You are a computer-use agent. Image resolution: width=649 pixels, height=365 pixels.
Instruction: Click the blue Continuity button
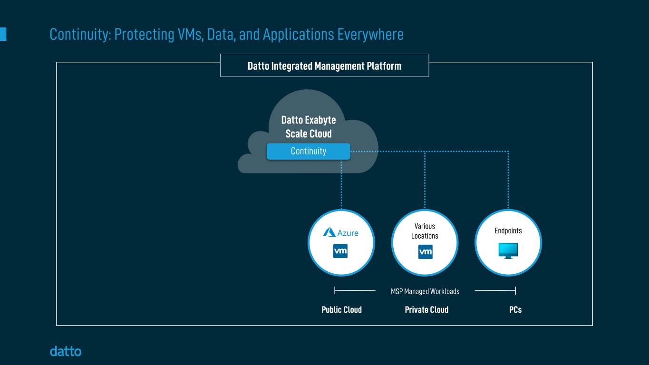308,151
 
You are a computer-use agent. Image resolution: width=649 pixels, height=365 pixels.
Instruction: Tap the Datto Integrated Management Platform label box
324,66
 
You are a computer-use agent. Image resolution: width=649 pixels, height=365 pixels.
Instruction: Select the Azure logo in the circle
341,232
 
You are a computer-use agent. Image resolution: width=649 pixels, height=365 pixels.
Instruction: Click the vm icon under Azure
340,251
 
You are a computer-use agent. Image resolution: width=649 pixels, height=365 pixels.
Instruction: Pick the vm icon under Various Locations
425,252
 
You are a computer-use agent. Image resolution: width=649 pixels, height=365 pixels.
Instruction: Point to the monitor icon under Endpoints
508,250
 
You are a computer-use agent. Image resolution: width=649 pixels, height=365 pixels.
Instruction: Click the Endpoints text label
508,231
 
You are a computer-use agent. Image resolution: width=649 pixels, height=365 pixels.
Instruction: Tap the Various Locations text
425,231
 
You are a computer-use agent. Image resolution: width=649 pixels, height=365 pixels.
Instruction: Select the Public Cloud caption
341,310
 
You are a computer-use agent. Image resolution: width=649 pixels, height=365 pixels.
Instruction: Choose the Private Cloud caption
426,310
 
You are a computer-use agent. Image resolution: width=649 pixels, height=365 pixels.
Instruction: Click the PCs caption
515,310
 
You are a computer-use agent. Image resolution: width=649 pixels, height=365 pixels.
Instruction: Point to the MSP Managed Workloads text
425,291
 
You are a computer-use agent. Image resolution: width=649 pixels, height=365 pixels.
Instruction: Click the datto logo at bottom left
66,352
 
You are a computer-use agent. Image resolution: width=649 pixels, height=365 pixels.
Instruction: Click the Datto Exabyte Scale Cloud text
309,127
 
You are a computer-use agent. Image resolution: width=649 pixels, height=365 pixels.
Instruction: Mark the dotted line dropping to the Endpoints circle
508,181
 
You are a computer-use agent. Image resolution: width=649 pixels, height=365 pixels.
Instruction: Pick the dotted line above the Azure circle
341,185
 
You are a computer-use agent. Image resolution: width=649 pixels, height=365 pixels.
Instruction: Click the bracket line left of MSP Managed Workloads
355,290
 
